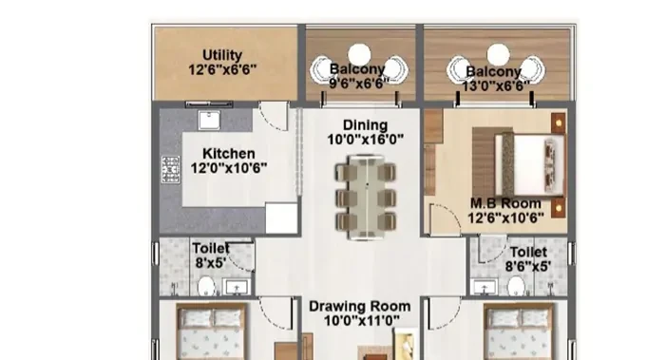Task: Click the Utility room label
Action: point(222,55)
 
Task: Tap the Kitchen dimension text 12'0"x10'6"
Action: point(229,168)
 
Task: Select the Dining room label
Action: point(365,124)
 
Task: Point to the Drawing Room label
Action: point(360,306)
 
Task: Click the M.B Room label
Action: point(505,203)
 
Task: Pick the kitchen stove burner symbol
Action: point(170,169)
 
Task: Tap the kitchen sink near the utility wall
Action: point(209,120)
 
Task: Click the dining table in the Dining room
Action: point(366,198)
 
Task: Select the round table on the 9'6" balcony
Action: point(359,54)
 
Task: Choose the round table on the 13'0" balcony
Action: point(498,54)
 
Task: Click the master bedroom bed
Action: point(529,164)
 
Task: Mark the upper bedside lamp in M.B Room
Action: point(559,123)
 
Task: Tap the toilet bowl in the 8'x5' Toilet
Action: point(206,285)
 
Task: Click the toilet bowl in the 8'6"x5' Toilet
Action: point(516,285)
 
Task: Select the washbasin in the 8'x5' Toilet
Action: point(237,288)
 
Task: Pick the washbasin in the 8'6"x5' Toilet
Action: point(485,287)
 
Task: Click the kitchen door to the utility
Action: point(274,116)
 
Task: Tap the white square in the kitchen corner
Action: point(281,218)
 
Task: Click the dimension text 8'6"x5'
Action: point(528,266)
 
